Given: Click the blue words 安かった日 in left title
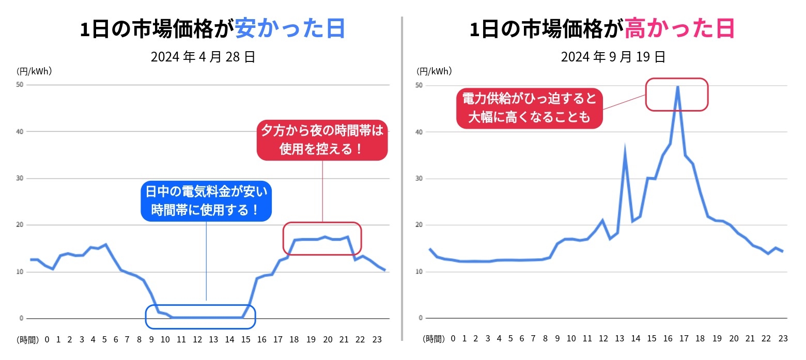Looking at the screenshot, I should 290,29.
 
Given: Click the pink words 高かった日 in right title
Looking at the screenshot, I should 679,29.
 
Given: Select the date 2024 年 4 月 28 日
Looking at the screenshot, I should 203,57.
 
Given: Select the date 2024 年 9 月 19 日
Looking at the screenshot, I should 613,57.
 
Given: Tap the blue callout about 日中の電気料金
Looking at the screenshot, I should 206,201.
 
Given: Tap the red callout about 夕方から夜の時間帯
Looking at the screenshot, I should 322,140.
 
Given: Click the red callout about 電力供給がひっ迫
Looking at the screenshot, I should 530,107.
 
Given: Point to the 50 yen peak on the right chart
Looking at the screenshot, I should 677,87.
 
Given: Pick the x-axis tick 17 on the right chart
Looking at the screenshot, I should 684,339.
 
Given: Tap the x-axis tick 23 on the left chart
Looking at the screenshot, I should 377,339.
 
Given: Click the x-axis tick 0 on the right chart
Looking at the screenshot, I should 453,339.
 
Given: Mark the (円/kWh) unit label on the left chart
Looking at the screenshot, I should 34,71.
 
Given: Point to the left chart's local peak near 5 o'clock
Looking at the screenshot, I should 105,244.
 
